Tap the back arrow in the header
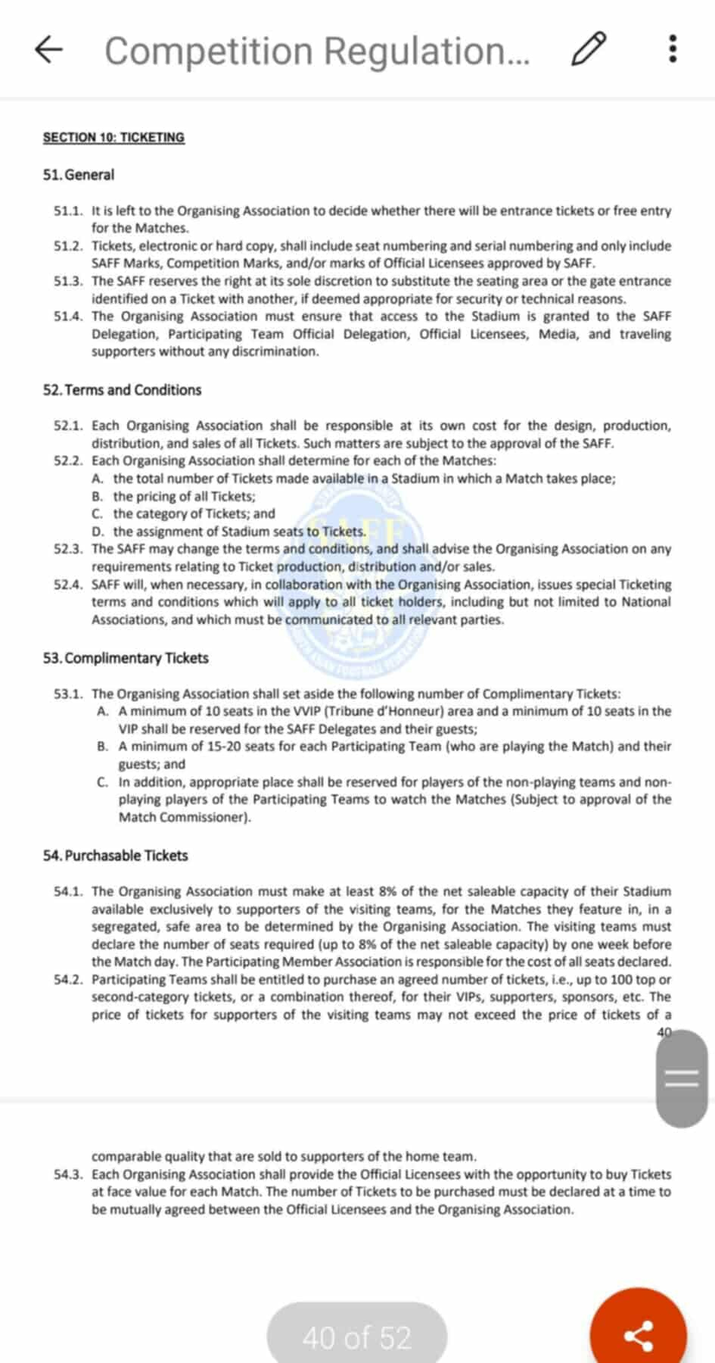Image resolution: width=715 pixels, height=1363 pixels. pyautogui.click(x=48, y=50)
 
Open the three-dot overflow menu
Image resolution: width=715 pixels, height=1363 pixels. pyautogui.click(x=673, y=49)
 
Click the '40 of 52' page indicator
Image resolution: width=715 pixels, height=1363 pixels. pyautogui.click(x=356, y=1337)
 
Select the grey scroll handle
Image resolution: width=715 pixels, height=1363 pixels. pyautogui.click(x=681, y=1078)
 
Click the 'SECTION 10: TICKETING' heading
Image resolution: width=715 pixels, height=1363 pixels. pyautogui.click(x=113, y=137)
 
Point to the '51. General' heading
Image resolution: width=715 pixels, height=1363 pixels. pyautogui.click(x=79, y=174)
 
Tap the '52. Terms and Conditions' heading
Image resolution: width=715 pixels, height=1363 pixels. pyautogui.click(x=122, y=390)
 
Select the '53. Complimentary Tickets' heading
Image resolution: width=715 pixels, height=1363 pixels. pyautogui.click(x=126, y=658)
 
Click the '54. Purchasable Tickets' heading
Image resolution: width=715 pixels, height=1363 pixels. pyautogui.click(x=115, y=856)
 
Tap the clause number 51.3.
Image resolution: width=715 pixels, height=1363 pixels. pyautogui.click(x=68, y=281)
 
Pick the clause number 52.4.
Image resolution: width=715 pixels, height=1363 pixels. pyautogui.click(x=68, y=585)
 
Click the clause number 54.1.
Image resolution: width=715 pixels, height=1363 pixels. pyautogui.click(x=68, y=891)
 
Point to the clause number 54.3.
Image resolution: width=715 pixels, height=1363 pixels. pyautogui.click(x=68, y=1174)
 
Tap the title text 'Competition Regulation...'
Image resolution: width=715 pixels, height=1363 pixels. pyautogui.click(x=317, y=51)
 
